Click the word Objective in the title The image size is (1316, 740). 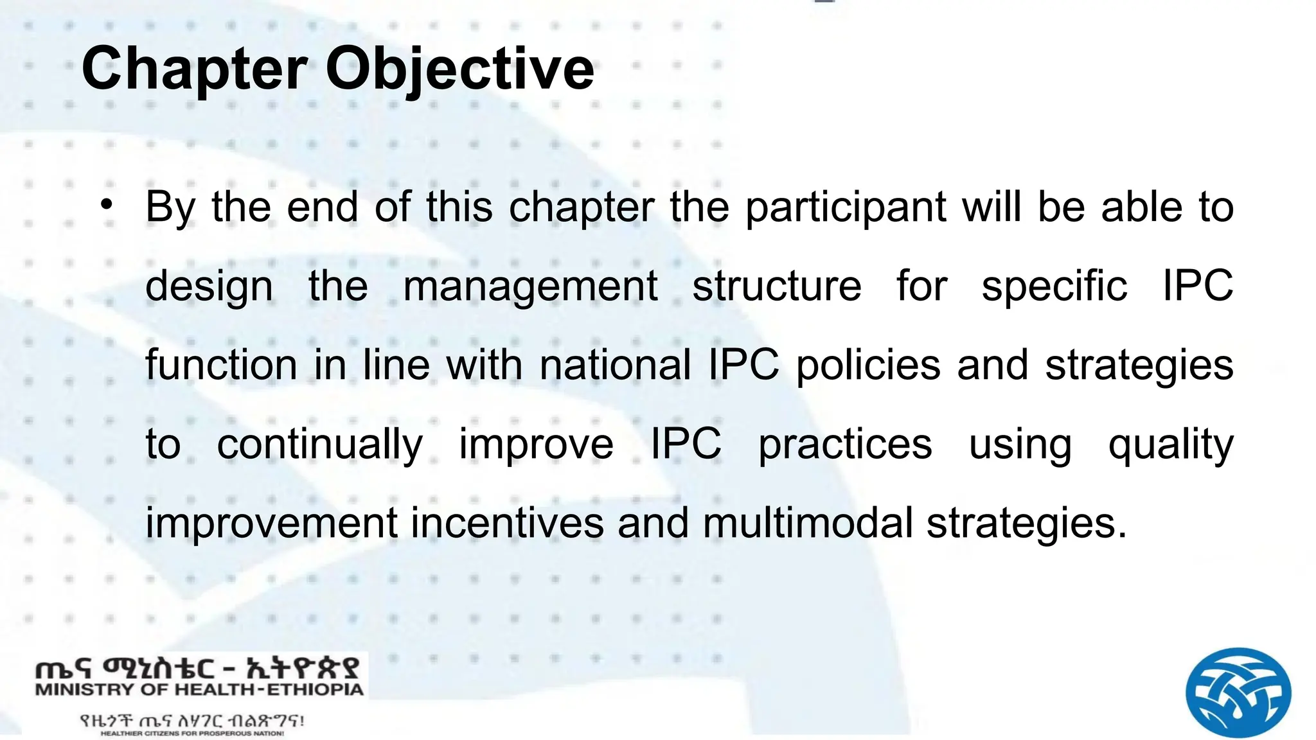click(459, 69)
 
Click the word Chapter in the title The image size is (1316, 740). click(194, 69)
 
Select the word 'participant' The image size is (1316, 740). click(846, 208)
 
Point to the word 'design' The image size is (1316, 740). click(209, 286)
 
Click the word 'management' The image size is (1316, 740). click(530, 286)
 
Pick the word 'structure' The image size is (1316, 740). click(776, 286)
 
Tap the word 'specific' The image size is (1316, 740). click(1054, 286)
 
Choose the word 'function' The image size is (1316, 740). click(221, 365)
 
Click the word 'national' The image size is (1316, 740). click(615, 365)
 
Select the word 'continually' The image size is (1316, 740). click(319, 445)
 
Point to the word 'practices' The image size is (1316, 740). click(844, 445)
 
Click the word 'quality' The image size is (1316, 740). click(1171, 445)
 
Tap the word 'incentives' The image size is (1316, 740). click(507, 523)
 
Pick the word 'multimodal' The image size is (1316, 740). click(807, 523)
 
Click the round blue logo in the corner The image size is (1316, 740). click(1238, 692)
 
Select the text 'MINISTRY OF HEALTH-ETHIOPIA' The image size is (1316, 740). click(199, 691)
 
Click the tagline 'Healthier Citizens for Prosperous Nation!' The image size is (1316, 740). click(192, 733)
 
